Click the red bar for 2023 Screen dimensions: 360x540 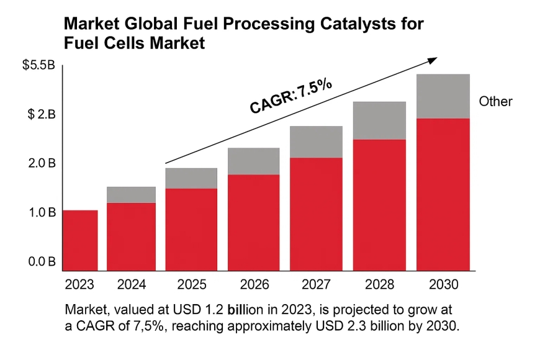point(80,241)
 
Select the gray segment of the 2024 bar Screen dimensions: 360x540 point(131,195)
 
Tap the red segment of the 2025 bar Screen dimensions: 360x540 point(191,230)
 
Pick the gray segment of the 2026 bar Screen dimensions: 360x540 point(253,161)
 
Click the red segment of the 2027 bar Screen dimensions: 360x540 point(316,214)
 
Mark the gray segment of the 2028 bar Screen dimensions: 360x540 point(379,120)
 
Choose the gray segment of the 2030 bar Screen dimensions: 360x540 point(443,96)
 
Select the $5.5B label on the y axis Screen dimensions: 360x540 point(39,65)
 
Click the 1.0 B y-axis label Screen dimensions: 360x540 point(42,213)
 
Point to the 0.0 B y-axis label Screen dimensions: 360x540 point(42,262)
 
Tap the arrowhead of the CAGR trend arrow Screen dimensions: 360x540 point(433,59)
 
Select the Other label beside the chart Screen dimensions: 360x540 point(495,101)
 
